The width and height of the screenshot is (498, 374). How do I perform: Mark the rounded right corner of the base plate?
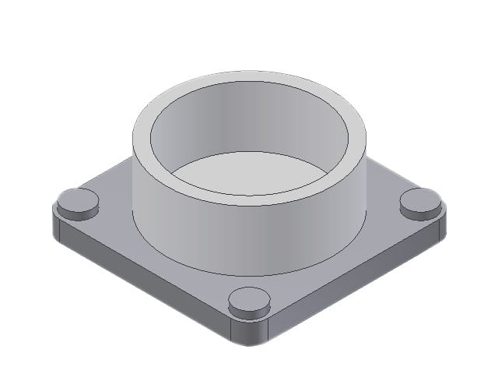(x=443, y=226)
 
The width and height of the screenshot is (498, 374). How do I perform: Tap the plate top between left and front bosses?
(x=156, y=257)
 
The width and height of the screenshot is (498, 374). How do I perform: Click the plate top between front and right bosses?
(x=342, y=257)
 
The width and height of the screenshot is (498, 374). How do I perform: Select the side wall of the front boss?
(x=249, y=310)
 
